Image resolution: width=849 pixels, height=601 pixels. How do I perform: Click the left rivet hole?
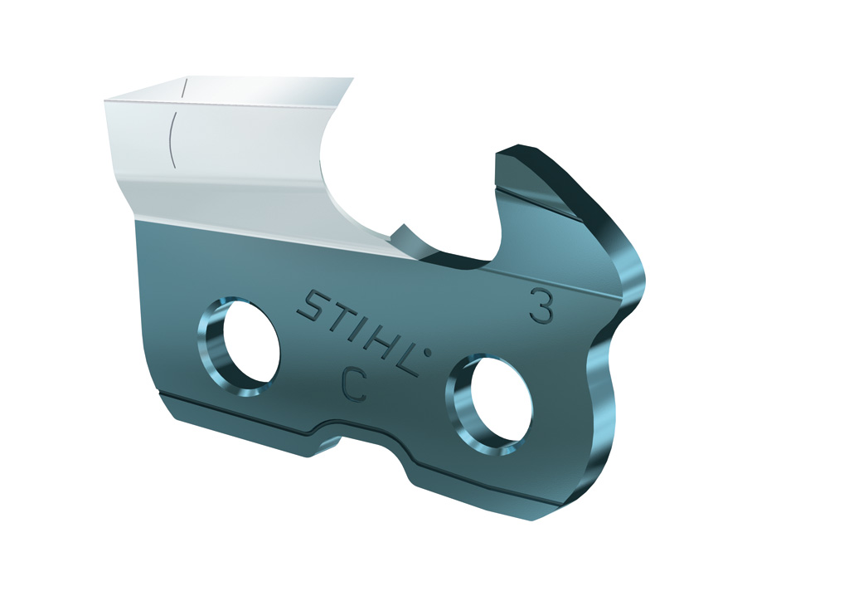[239, 346]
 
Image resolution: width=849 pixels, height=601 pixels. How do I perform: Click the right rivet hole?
[489, 404]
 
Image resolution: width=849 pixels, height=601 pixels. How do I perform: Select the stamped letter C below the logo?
[355, 384]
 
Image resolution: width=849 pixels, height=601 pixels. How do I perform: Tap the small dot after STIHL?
[427, 354]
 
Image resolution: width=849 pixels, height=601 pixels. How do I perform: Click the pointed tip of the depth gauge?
[518, 144]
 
